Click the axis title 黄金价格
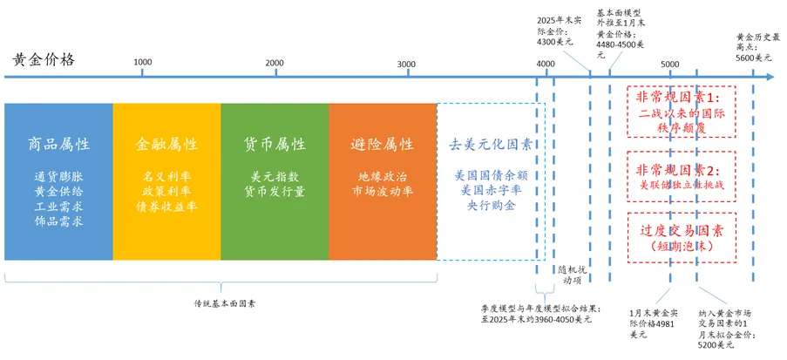click(44, 59)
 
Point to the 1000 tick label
click(143, 63)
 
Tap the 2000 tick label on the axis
click(274, 63)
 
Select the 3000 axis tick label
click(405, 63)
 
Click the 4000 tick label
click(546, 64)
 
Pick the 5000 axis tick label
click(669, 64)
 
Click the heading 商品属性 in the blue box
click(59, 144)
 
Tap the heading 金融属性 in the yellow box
click(167, 144)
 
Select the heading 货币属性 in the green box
click(275, 144)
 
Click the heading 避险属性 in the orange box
click(383, 144)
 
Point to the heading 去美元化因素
click(491, 144)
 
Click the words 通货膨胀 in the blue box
click(59, 175)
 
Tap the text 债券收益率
click(167, 207)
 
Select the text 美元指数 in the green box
click(275, 175)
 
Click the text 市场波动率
click(383, 191)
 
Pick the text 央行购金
click(491, 207)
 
